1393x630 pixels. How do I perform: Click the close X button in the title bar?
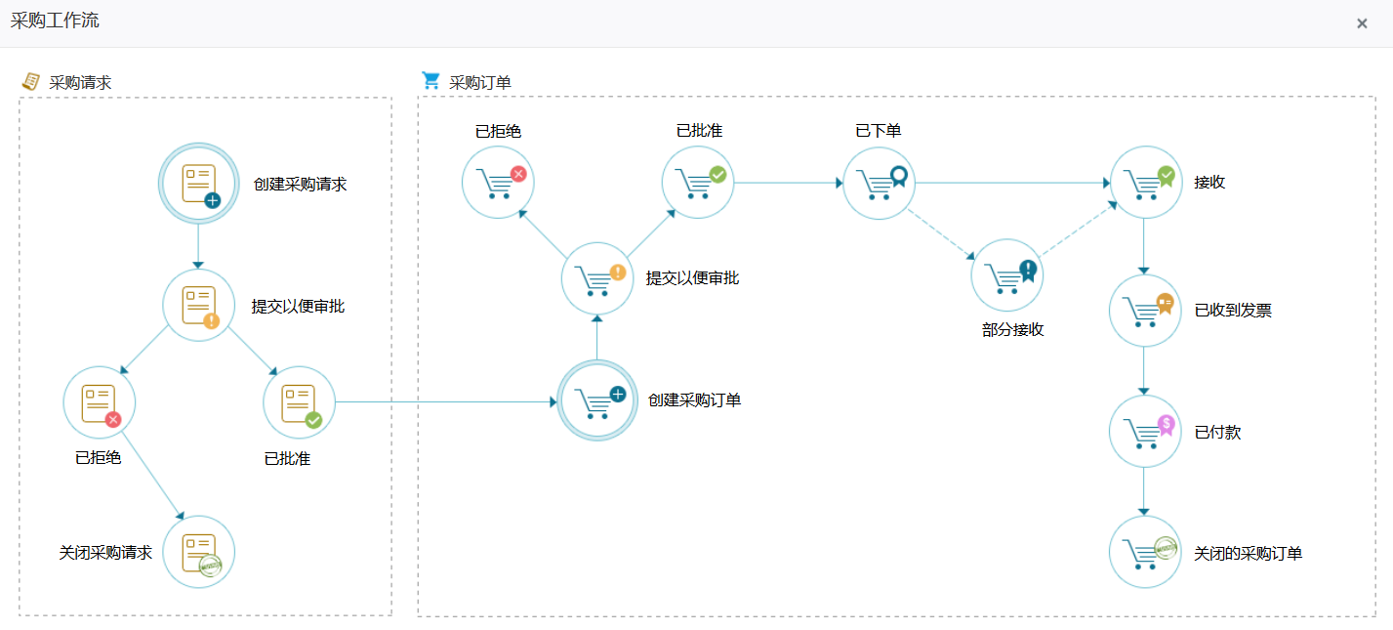click(x=1362, y=23)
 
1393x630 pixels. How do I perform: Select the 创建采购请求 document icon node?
click(x=198, y=183)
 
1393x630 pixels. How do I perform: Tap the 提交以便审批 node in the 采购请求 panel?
click(x=198, y=305)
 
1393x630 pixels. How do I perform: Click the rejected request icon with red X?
click(x=100, y=402)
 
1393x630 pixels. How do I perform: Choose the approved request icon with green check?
click(x=299, y=402)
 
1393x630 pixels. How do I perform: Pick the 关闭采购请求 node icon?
click(x=198, y=552)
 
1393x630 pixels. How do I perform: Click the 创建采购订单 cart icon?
click(x=596, y=400)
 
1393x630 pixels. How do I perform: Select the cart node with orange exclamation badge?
click(x=597, y=278)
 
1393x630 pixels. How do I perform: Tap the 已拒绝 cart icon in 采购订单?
click(x=498, y=182)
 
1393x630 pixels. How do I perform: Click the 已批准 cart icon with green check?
click(x=698, y=182)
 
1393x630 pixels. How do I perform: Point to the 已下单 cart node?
click(x=879, y=182)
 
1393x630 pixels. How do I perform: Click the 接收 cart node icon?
click(x=1145, y=182)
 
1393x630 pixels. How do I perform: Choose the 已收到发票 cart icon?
click(x=1145, y=310)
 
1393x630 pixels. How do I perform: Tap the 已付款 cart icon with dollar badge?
click(x=1145, y=431)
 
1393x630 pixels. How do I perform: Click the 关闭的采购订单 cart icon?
click(x=1145, y=552)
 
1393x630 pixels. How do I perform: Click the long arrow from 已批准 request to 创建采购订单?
click(x=444, y=401)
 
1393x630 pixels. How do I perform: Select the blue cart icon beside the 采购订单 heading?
click(x=430, y=80)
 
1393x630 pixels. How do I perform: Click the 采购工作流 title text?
click(x=55, y=21)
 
